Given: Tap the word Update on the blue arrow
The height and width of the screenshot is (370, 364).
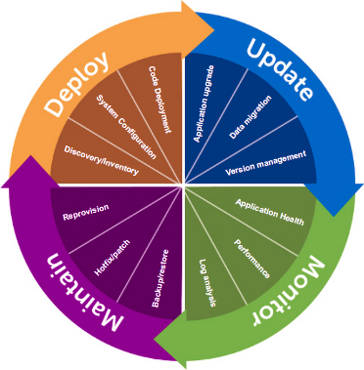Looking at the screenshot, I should (x=280, y=67).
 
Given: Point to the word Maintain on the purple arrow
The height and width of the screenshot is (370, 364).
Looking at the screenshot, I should (x=67, y=291).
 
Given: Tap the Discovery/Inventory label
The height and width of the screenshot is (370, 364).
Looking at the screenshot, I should (x=101, y=161).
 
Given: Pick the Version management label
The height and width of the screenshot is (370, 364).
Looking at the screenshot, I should (x=266, y=161).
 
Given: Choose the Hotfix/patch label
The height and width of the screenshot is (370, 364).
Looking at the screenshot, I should (x=114, y=249).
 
